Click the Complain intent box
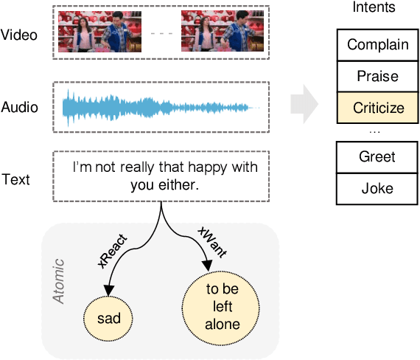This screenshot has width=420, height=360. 378,44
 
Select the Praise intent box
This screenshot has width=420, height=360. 378,76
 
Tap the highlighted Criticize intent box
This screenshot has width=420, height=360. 378,108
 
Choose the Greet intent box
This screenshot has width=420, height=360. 378,156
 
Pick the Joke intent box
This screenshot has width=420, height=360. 378,188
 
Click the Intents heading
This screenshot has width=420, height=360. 374,9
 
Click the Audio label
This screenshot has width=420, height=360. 20,108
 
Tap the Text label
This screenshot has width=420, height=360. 15,179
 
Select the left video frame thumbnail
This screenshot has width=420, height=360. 98,33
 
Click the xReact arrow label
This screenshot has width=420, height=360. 113,252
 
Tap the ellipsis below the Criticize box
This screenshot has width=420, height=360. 374,131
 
